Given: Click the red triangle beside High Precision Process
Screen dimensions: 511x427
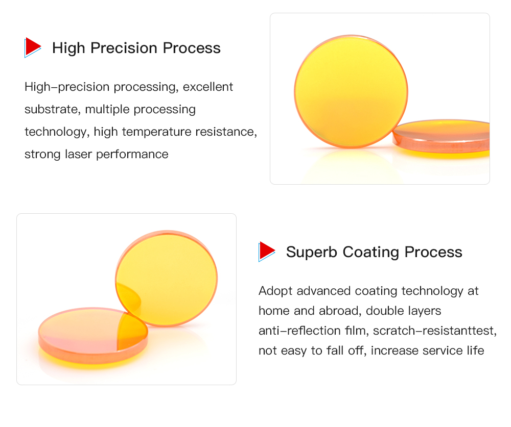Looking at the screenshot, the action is pyautogui.click(x=33, y=47).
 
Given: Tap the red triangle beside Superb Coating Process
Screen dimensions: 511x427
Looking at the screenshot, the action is pyautogui.click(x=267, y=252).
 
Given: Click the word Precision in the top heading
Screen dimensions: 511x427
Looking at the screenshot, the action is pyautogui.click(x=124, y=48).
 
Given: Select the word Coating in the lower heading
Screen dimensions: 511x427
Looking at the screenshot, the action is pyautogui.click(x=370, y=253).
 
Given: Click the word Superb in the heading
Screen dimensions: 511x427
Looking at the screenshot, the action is pyautogui.click(x=312, y=252).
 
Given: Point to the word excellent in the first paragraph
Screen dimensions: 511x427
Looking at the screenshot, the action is pyautogui.click(x=208, y=87).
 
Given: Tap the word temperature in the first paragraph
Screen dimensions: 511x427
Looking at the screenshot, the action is pyautogui.click(x=156, y=132).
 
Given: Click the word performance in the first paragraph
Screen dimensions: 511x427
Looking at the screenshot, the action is pyautogui.click(x=132, y=154).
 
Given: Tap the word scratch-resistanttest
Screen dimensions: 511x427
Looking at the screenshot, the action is pyautogui.click(x=435, y=331).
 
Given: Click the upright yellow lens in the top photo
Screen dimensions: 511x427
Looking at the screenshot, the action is pyautogui.click(x=351, y=91).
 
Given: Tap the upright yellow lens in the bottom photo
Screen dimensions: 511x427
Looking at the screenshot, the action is pyautogui.click(x=167, y=278).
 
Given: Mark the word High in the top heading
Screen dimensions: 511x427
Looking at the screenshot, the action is pyautogui.click(x=68, y=48).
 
